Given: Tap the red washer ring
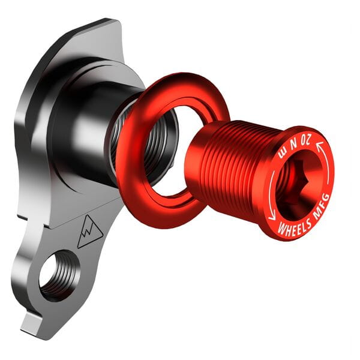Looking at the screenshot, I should (135, 174).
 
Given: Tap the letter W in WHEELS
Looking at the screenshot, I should (280, 229).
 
